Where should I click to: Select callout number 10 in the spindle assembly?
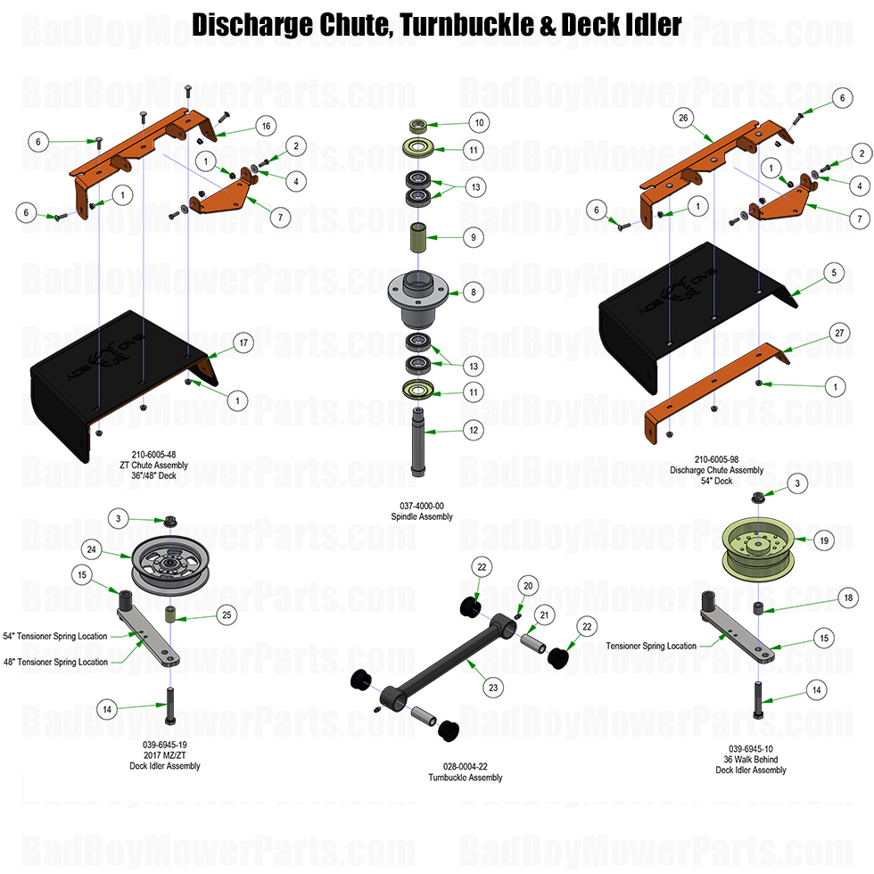[x=478, y=122]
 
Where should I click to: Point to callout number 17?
[x=242, y=342]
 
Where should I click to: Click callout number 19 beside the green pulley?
[x=824, y=540]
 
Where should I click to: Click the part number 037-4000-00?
[x=422, y=505]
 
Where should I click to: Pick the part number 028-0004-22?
[x=472, y=765]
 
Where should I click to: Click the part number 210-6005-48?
[x=153, y=452]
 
